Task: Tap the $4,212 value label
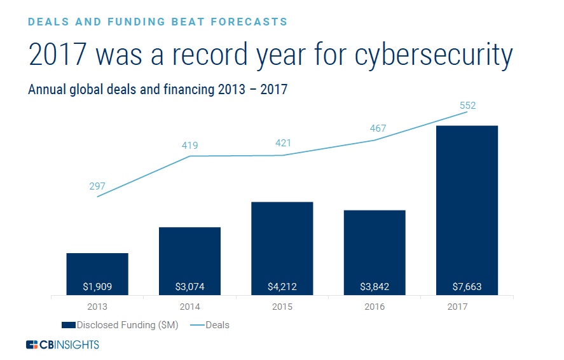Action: [282, 287]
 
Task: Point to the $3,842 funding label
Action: [375, 287]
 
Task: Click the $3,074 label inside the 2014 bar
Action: [189, 287]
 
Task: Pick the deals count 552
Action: [467, 106]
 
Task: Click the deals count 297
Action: [97, 186]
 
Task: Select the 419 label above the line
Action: [189, 146]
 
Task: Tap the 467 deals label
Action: [378, 128]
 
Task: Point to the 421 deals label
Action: [282, 143]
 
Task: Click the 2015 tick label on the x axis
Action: [282, 307]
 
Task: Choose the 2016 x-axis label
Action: [375, 307]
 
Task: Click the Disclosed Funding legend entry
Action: [121, 325]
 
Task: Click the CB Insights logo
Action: [62, 345]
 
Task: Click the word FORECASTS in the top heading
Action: [248, 22]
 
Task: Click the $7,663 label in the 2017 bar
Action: [467, 287]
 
